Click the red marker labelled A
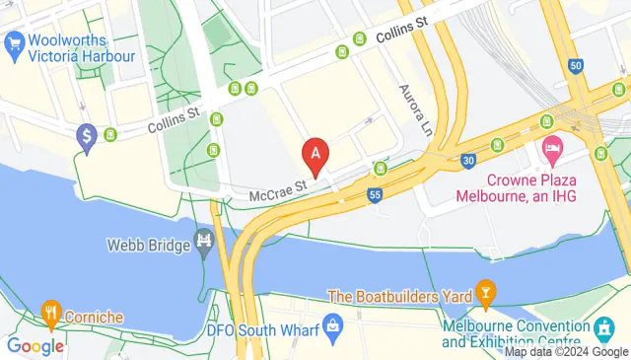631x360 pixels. click(315, 155)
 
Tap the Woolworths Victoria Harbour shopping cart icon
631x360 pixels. click(14, 43)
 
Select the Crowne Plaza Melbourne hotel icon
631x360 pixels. click(552, 153)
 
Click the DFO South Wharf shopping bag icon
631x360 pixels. click(333, 324)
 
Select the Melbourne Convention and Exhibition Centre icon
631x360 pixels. click(602, 326)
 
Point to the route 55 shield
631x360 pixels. click(375, 195)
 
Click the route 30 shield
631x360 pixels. click(467, 160)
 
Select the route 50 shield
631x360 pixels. click(576, 66)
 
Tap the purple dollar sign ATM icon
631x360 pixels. click(87, 135)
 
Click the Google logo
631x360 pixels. click(35, 345)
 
